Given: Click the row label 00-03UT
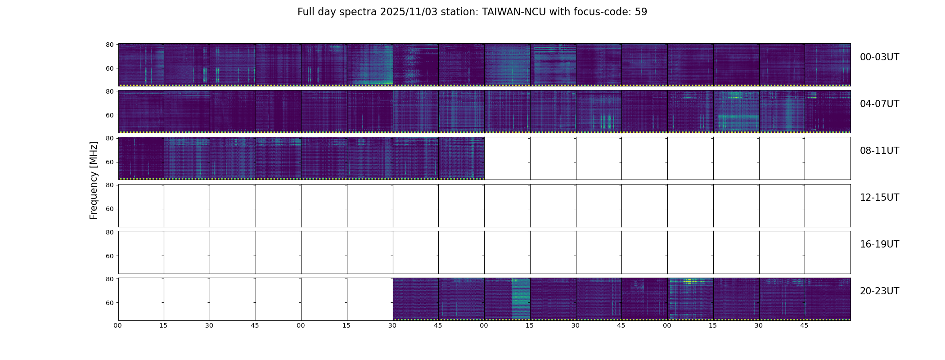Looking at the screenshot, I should click(879, 57).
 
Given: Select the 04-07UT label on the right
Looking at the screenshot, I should click(879, 104).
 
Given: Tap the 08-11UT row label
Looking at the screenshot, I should click(879, 151).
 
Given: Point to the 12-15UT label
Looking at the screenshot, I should click(879, 198).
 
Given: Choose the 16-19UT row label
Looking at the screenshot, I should click(879, 244).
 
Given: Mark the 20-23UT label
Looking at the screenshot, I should click(879, 291).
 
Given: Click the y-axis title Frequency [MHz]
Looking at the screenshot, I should click(94, 180).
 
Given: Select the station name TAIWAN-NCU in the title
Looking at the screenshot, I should click(514, 12).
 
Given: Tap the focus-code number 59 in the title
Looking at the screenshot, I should click(641, 12).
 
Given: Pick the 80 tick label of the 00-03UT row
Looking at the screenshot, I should click(110, 45).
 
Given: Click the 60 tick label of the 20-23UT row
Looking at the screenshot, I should click(110, 303).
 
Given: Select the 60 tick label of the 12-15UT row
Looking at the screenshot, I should click(110, 209).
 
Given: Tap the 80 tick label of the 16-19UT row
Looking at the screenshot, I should click(110, 232).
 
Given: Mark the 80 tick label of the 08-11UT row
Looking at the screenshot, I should click(110, 138).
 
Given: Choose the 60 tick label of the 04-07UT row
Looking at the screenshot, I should click(110, 115).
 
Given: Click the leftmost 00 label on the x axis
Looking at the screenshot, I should click(118, 326).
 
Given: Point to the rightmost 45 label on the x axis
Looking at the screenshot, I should click(804, 326).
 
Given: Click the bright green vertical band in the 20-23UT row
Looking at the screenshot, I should click(521, 299).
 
